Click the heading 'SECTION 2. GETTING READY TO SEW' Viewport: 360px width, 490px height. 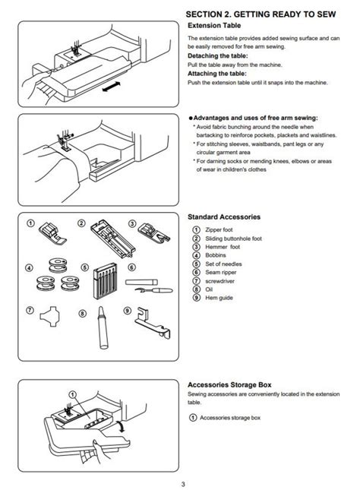pyautogui.click(x=261, y=14)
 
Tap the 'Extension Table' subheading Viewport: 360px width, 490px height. pyautogui.click(x=214, y=26)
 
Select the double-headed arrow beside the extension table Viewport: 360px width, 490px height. pyautogui.click(x=111, y=87)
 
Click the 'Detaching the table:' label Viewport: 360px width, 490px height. pyautogui.click(x=217, y=56)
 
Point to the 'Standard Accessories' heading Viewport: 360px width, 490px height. pyautogui.click(x=224, y=217)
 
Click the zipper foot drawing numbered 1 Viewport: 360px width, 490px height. pyautogui.click(x=52, y=232)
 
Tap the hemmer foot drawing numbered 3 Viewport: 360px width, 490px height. pyautogui.click(x=153, y=232)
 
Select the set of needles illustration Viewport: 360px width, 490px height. pyautogui.click(x=105, y=281)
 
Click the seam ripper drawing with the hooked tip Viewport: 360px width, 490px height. pyautogui.click(x=153, y=290)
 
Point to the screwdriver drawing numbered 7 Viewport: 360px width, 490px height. pyautogui.click(x=50, y=316)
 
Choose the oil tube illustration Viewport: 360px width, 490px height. pyautogui.click(x=103, y=327)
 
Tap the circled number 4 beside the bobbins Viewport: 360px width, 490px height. pyautogui.click(x=29, y=268)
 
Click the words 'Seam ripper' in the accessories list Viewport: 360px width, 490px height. pyautogui.click(x=220, y=273)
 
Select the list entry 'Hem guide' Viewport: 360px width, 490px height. pyautogui.click(x=219, y=298)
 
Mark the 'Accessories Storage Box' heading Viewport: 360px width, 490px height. pyautogui.click(x=229, y=385)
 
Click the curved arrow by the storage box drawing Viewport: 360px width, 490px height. pyautogui.click(x=121, y=426)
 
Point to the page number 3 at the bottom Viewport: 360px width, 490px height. pyautogui.click(x=183, y=484)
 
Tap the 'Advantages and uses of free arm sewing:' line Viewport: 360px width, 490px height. pyautogui.click(x=255, y=118)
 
